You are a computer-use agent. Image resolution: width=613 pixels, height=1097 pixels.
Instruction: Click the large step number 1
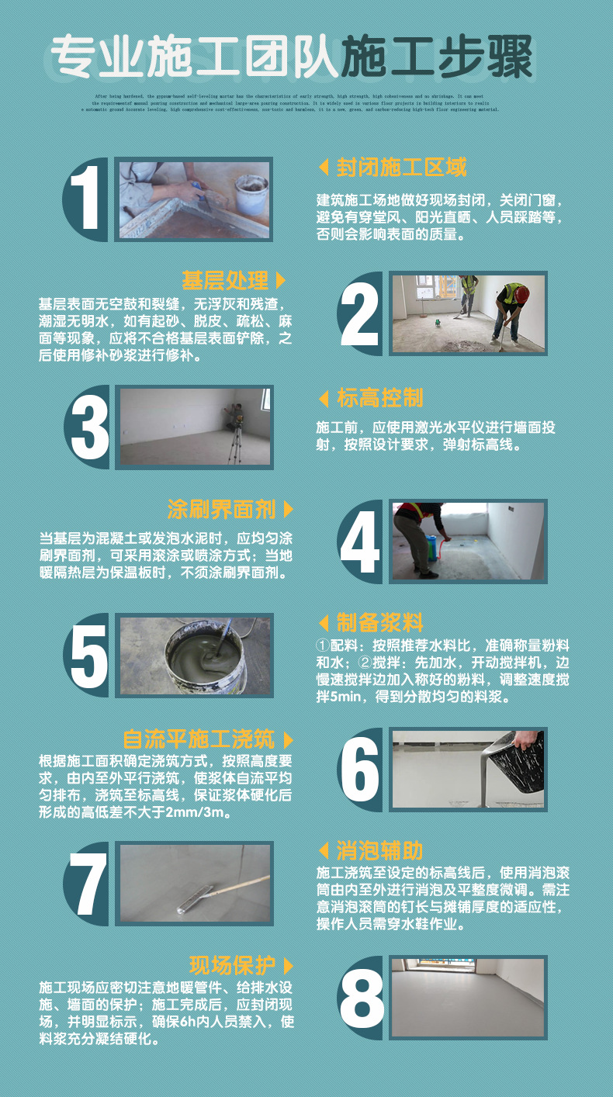click(x=88, y=199)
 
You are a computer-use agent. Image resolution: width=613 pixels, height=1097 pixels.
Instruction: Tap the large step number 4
click(x=360, y=542)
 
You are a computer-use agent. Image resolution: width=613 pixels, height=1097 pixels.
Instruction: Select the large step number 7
click(x=88, y=884)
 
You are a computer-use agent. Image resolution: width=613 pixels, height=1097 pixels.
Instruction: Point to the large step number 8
click(x=362, y=998)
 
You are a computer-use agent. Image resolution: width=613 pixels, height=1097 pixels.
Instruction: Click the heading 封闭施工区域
click(x=402, y=168)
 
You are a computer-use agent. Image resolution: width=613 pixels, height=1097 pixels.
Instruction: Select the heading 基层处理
click(x=225, y=280)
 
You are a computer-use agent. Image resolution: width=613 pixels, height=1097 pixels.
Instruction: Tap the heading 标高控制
click(x=380, y=399)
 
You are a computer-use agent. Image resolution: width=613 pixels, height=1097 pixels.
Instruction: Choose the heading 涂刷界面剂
click(x=221, y=510)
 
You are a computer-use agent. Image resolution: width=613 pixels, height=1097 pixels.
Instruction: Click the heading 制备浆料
click(x=380, y=622)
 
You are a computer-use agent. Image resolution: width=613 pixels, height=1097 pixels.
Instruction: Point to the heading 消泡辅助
click(x=380, y=851)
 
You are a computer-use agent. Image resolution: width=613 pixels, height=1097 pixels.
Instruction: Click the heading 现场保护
click(x=232, y=966)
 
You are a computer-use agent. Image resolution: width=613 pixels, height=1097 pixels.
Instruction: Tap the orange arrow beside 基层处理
click(x=280, y=280)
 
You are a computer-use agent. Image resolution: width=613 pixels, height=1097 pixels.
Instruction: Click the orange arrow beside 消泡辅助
click(x=324, y=851)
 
